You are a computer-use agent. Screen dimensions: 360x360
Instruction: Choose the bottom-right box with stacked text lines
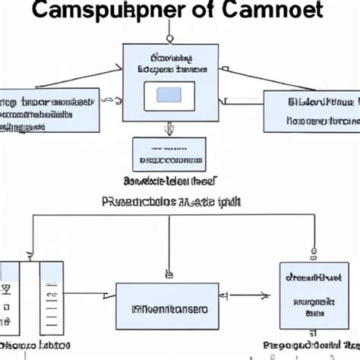[x=308, y=298]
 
